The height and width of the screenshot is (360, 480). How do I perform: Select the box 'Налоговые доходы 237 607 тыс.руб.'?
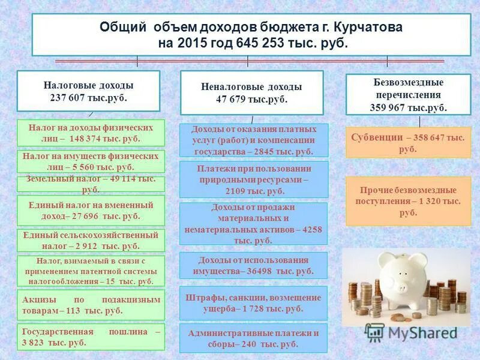click(x=88, y=91)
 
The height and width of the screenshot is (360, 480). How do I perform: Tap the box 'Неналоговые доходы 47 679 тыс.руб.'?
click(x=252, y=92)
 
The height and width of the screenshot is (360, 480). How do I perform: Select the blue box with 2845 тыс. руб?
click(x=254, y=140)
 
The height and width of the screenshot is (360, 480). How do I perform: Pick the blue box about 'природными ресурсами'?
click(x=254, y=179)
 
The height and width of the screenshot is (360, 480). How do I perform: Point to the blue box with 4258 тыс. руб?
click(x=254, y=223)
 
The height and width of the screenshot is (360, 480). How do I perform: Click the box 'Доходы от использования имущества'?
click(x=254, y=265)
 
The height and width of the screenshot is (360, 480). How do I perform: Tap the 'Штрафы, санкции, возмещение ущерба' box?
click(x=254, y=303)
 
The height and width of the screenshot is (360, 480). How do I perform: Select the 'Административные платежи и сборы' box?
click(x=254, y=338)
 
